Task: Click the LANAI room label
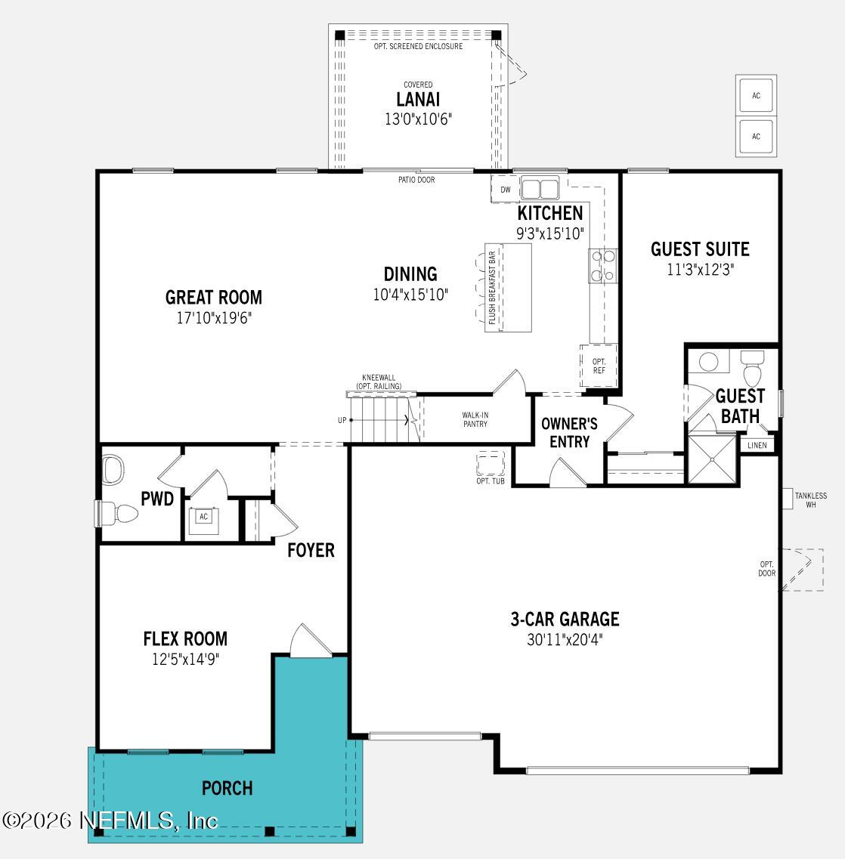(417, 100)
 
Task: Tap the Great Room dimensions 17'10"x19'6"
(214, 318)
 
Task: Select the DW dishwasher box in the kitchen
(506, 190)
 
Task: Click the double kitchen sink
(540, 188)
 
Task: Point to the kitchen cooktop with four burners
(603, 266)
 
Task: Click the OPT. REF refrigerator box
(599, 366)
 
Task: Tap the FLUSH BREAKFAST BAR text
(492, 288)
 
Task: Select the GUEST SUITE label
(700, 249)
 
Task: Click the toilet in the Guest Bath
(753, 372)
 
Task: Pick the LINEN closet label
(757, 445)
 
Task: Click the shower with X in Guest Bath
(711, 459)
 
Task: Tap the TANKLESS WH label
(811, 500)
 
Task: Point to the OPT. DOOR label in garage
(766, 569)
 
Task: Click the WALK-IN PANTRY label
(475, 419)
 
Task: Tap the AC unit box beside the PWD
(203, 518)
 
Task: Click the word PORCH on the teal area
(227, 789)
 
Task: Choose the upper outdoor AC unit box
(756, 96)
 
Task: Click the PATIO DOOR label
(416, 180)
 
